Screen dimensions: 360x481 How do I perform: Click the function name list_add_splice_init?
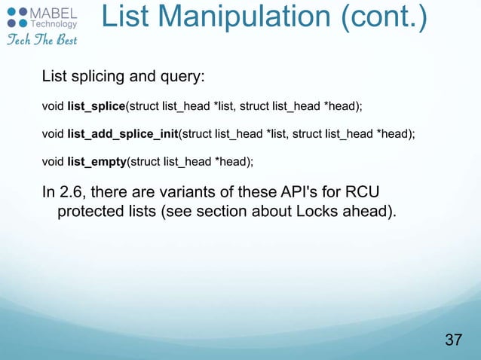pyautogui.click(x=121, y=134)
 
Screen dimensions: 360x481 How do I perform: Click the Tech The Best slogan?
pyautogui.click(x=38, y=39)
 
